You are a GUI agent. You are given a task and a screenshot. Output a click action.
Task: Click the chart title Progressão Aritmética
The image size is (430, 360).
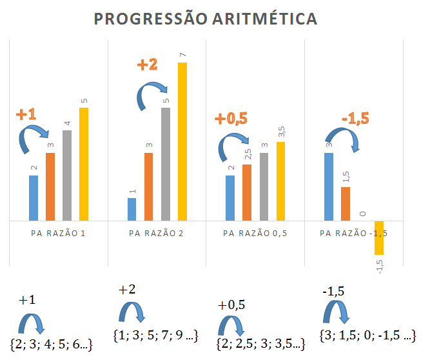206,19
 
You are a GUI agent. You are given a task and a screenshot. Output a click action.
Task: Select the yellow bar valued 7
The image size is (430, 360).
182,141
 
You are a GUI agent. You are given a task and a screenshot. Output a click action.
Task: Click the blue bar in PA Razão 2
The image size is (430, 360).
132,209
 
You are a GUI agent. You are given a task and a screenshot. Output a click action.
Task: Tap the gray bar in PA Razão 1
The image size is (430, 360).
67,175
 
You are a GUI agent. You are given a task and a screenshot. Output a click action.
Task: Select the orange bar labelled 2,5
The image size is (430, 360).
247,192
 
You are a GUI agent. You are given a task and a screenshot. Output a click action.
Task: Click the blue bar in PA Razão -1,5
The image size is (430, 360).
329,186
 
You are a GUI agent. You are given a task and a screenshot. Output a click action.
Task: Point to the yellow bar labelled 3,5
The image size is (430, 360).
280,181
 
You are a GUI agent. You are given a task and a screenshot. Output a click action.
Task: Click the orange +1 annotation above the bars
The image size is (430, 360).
26,115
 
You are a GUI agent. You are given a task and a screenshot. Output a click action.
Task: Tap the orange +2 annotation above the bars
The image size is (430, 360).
148,65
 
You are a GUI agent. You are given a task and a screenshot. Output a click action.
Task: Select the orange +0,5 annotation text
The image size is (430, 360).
231,119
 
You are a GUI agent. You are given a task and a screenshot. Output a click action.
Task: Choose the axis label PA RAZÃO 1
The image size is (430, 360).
58,232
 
